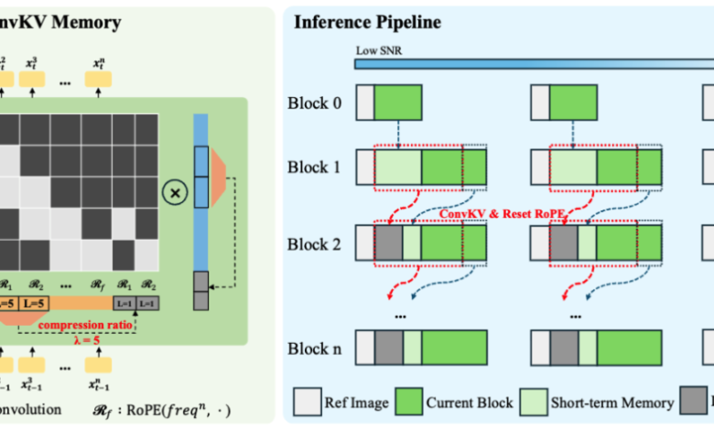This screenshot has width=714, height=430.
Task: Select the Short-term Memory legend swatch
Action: (530, 399)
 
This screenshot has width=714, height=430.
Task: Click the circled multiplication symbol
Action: (170, 192)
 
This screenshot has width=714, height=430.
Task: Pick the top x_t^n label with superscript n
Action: (103, 65)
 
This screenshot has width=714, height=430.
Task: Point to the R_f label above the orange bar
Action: (81, 285)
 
